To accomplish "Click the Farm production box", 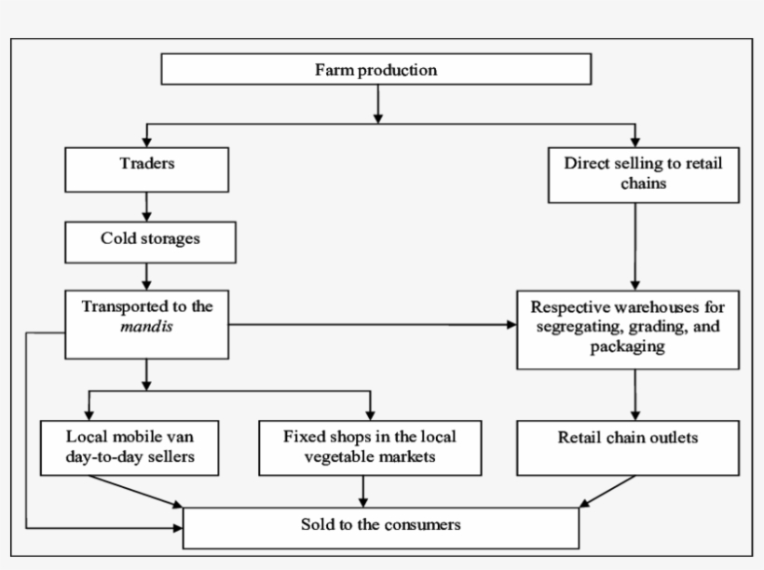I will [376, 70].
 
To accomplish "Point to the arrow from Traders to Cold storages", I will [146, 206].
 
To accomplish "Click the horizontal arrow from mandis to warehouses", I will [373, 325].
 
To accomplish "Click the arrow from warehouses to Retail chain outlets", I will [635, 394].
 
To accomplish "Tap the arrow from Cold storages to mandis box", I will [146, 276].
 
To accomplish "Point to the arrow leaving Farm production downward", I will [376, 103].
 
